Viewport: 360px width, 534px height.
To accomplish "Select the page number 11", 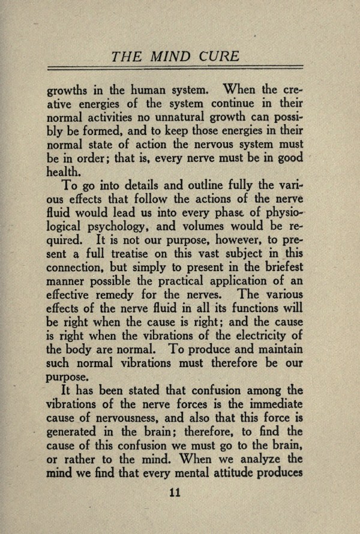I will (x=175, y=492).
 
